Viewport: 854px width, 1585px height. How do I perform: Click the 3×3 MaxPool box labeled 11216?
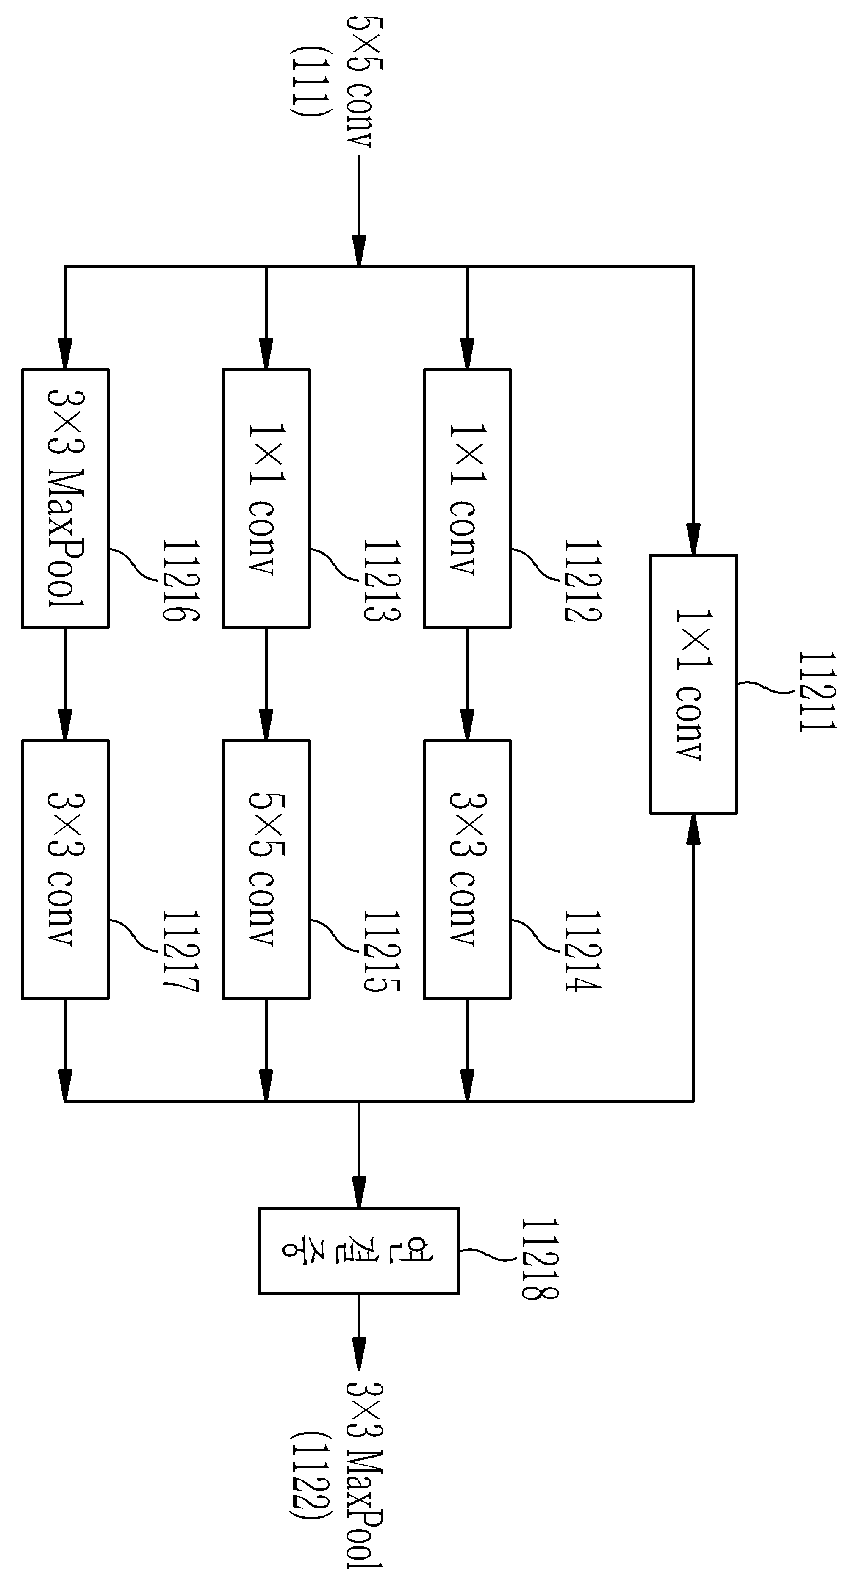pos(65,498)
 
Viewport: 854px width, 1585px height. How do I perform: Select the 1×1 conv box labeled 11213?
pos(266,498)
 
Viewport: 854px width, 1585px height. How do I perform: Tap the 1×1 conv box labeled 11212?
pos(467,498)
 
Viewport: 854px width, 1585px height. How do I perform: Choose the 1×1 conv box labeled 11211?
pos(693,684)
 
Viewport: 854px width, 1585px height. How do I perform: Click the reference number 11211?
pos(817,692)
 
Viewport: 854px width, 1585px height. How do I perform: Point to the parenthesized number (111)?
pos(304,80)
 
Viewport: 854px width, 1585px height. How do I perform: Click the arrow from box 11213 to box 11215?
pos(266,684)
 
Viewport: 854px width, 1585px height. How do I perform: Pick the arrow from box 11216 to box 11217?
pos(65,684)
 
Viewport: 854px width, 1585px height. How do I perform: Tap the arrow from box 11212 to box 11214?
pos(467,684)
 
